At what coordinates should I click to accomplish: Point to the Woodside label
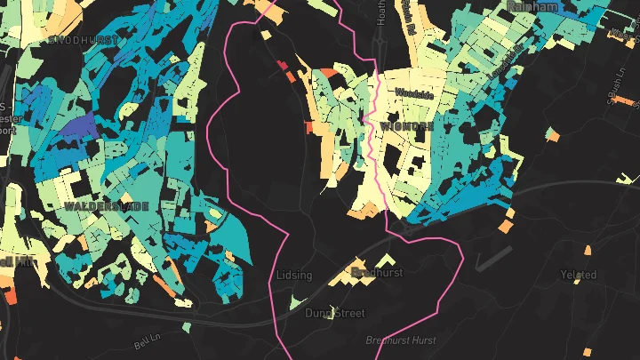[x=414, y=93]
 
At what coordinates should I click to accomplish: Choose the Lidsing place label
[x=294, y=275]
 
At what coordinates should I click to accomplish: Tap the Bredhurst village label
[x=378, y=271]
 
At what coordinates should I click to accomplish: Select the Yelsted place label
[x=579, y=275]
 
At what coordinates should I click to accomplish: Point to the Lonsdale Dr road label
[x=504, y=62]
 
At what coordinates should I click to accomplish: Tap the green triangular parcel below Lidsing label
[x=299, y=303]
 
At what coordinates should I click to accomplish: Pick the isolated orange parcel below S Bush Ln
[x=552, y=135]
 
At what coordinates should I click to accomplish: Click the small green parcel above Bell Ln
[x=188, y=328]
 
